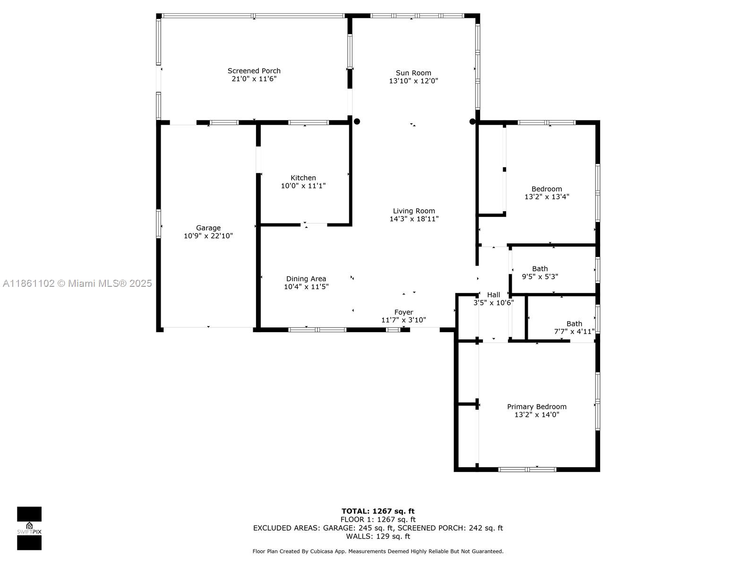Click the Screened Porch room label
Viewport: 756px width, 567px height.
point(254,71)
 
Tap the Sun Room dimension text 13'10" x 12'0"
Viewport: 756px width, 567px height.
point(413,81)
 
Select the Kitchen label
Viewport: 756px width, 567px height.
point(303,178)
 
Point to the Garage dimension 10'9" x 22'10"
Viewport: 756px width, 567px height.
point(208,236)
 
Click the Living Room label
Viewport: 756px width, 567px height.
point(414,211)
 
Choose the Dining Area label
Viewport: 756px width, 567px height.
point(306,279)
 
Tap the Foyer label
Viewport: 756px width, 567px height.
point(404,312)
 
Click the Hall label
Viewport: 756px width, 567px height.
point(493,294)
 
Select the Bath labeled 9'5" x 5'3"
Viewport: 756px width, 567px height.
point(540,268)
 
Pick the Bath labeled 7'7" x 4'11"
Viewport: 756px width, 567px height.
point(574,324)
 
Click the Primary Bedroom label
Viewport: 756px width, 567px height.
point(536,406)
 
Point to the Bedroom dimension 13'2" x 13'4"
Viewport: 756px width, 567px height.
point(547,197)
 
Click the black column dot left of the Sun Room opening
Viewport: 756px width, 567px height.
point(357,121)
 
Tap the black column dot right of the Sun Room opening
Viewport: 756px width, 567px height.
point(472,121)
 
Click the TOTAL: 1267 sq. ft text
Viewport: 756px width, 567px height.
point(378,511)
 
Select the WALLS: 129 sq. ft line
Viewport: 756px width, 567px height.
point(378,536)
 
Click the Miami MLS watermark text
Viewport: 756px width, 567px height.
point(77,283)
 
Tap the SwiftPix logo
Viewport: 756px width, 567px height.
point(29,528)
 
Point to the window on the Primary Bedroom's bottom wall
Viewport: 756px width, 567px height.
point(527,469)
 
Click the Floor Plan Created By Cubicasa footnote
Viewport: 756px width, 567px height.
point(378,551)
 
